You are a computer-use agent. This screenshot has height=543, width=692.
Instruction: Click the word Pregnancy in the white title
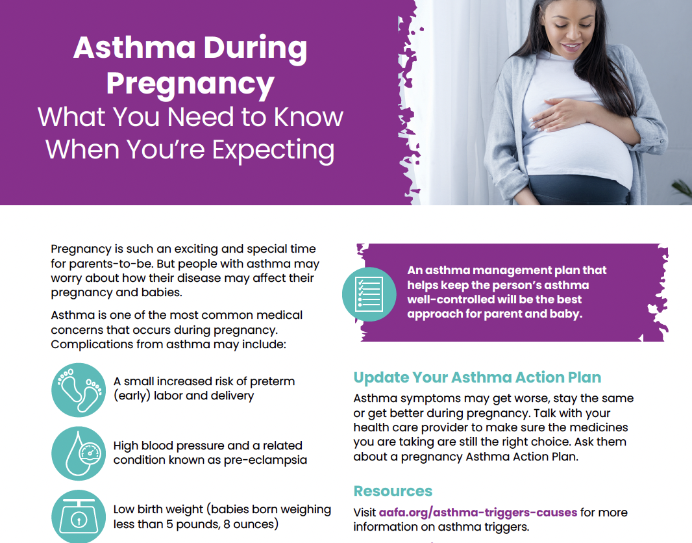[190, 84]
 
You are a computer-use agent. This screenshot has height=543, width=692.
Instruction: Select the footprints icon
[79, 390]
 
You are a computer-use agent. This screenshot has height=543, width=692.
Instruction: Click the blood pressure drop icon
[79, 453]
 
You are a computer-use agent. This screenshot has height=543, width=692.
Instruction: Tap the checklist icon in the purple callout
[369, 294]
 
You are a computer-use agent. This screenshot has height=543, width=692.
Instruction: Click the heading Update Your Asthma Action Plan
[477, 377]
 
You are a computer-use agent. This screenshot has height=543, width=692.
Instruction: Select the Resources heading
[393, 491]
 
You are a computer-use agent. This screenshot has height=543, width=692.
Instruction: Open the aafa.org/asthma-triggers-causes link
[478, 512]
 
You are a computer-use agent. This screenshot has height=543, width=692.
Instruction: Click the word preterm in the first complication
[273, 381]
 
